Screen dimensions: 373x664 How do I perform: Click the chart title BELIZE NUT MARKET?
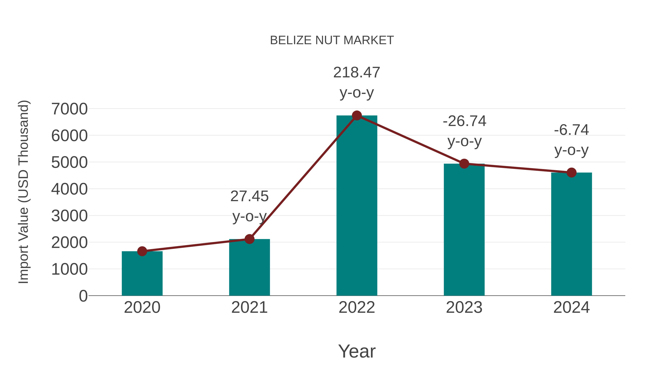click(332, 40)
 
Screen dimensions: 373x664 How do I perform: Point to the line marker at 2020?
click(142, 251)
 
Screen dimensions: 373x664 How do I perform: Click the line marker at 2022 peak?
click(357, 115)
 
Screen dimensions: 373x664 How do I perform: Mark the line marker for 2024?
click(571, 172)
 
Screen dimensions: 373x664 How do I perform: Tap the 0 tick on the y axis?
click(83, 296)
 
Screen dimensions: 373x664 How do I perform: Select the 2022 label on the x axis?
click(357, 307)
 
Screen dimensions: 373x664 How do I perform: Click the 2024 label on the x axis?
click(571, 307)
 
